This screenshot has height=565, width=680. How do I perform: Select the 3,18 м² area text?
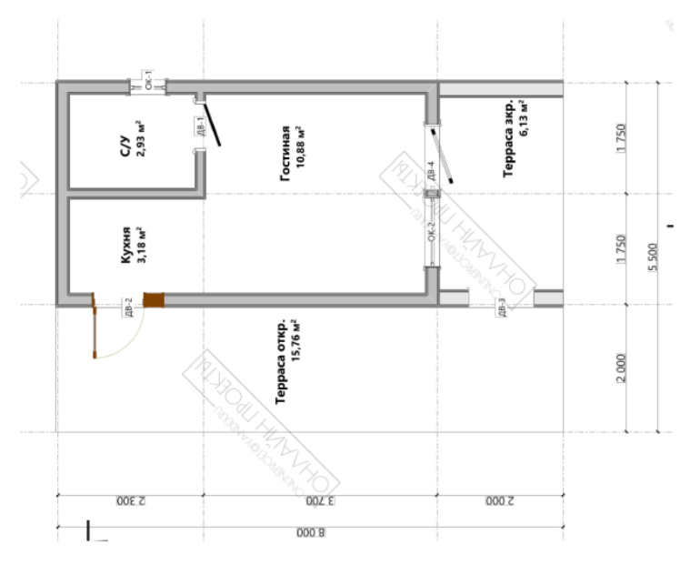click(141, 244)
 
